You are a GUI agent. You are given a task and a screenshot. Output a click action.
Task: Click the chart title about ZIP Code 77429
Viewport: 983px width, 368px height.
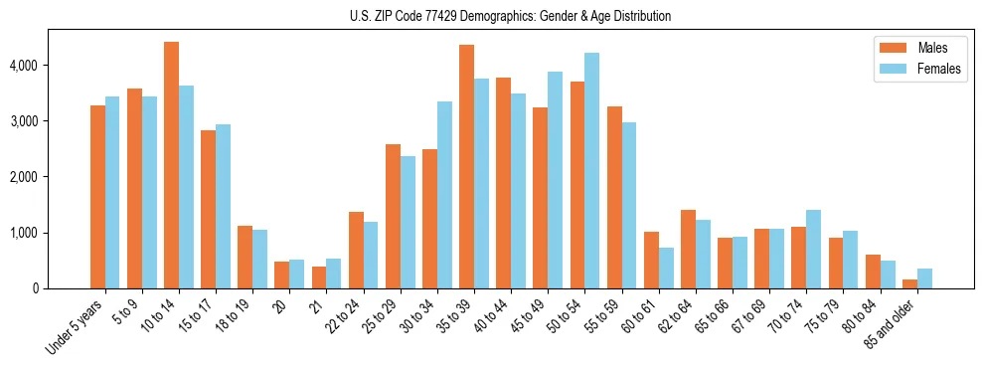click(510, 16)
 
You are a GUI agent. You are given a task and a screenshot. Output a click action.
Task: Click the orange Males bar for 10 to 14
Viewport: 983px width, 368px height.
click(172, 165)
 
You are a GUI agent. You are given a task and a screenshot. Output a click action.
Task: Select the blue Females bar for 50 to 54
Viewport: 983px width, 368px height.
click(591, 170)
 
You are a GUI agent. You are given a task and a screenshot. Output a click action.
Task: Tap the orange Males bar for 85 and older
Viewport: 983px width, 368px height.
click(910, 284)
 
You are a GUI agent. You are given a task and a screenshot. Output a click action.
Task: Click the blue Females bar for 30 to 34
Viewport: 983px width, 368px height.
click(444, 195)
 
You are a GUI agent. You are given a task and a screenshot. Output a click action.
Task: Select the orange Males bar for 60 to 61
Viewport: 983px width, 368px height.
click(651, 260)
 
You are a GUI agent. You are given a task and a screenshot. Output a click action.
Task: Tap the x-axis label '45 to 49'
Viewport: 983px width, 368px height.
click(533, 316)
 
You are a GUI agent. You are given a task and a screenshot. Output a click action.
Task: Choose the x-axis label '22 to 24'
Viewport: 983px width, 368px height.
click(348, 316)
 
